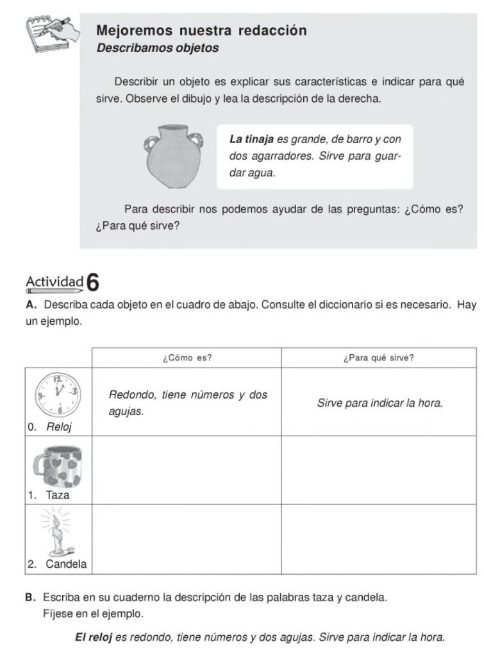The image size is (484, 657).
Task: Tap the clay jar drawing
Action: pos(173,157)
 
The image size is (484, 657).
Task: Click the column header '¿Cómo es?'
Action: pos(187,358)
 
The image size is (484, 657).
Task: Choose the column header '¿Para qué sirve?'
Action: pos(379,358)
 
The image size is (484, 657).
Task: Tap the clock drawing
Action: pos(58,395)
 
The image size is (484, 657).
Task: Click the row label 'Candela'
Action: pos(65,564)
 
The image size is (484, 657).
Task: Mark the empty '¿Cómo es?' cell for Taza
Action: pos(187,470)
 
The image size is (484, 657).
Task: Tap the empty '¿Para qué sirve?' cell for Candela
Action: pos(379,539)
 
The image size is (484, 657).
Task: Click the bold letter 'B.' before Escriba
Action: pos(30,597)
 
